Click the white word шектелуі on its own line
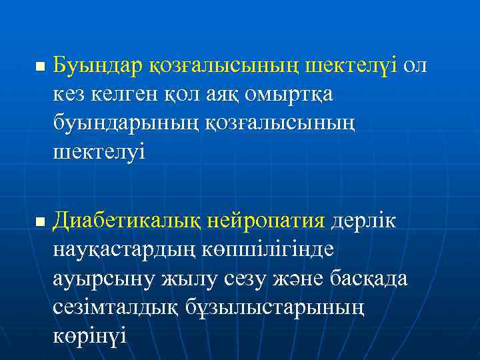(99, 153)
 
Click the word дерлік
(363, 219)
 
